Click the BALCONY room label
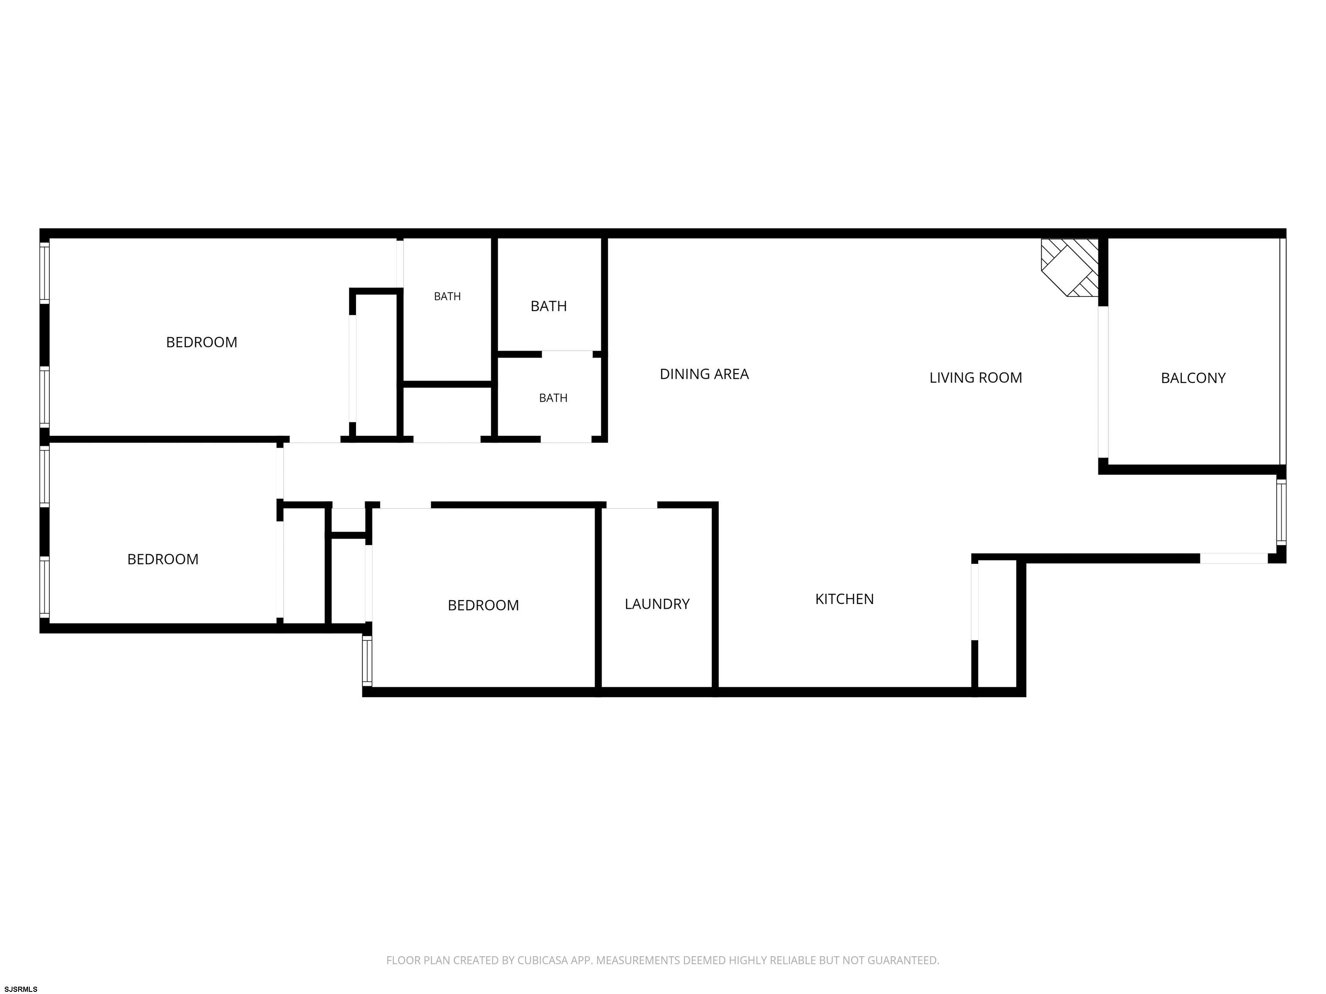tap(1193, 378)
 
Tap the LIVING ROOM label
tap(976, 377)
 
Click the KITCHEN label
tap(844, 598)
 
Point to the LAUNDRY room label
tap(657, 604)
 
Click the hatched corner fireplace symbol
tap(1070, 267)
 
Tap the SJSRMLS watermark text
tap(21, 989)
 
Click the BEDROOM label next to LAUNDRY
tap(483, 605)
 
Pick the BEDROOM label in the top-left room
tap(202, 342)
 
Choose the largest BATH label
tap(549, 306)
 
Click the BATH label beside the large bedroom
tap(447, 296)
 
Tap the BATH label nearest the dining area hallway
tap(552, 398)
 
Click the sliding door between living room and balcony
tap(1103, 382)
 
